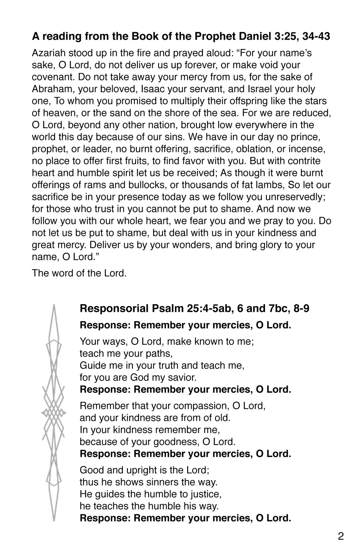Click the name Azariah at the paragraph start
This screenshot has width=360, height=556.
pos(49,53)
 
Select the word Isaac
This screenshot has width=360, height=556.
pos(152,89)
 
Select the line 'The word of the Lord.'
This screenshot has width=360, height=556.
pos(79,273)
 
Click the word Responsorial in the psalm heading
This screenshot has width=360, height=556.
pos(114,309)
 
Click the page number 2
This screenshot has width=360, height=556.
pos(341,536)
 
